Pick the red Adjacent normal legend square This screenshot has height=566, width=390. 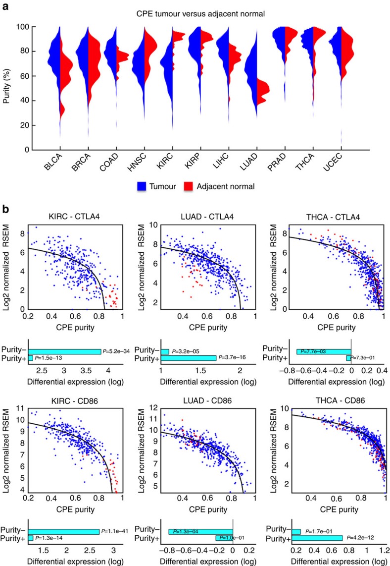pyautogui.click(x=193, y=185)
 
